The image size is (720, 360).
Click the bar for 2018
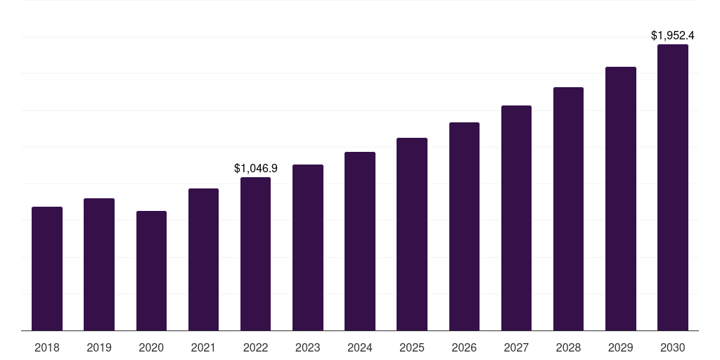tap(47, 269)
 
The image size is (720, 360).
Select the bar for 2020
tap(151, 271)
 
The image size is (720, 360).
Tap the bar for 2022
tap(255, 254)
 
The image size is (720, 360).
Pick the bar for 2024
tap(360, 241)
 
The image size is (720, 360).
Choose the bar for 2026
tap(464, 226)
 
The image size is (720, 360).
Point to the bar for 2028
tap(568, 209)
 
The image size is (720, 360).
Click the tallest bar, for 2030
tap(673, 188)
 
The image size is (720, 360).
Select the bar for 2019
tap(99, 264)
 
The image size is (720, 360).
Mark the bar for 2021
tap(203, 259)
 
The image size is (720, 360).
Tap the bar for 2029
tap(621, 199)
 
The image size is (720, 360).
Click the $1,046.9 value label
tap(255, 168)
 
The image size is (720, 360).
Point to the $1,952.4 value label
tap(673, 35)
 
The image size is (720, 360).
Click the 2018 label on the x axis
tap(47, 347)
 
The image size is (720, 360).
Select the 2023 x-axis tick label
tap(308, 347)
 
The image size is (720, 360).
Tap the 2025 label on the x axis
tap(412, 347)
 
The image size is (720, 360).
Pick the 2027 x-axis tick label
tap(516, 347)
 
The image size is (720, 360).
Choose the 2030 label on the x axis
tap(673, 347)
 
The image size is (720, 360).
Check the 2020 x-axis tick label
tap(151, 347)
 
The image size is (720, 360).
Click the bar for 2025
tap(412, 234)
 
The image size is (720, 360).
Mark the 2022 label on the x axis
tap(255, 347)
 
